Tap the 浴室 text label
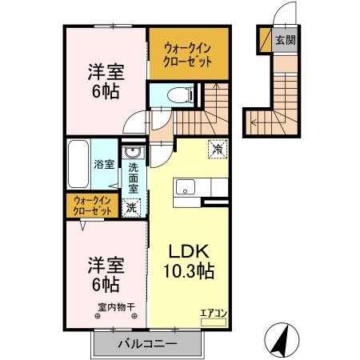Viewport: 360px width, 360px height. click(x=105, y=165)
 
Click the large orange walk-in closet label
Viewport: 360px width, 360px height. click(x=182, y=53)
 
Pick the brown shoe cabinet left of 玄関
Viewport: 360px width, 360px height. click(x=265, y=38)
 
